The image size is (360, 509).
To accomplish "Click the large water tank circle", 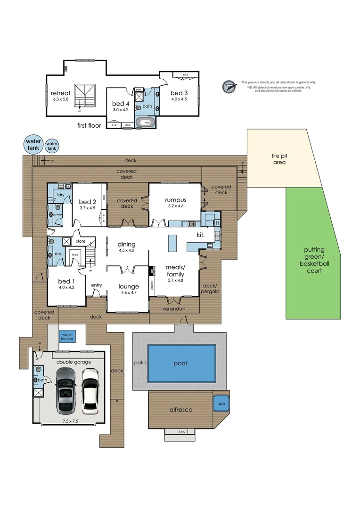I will tap(33, 144).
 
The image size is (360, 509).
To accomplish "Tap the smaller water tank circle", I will tap(52, 146).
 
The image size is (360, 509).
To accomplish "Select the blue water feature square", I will tap(66, 337).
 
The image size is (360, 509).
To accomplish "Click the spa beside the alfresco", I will tap(221, 403).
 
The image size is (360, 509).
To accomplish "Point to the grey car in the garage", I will tap(65, 390).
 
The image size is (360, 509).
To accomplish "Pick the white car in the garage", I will tap(90, 390).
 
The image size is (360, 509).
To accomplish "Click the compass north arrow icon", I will tap(229, 87).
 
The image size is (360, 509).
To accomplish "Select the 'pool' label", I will tap(180, 363).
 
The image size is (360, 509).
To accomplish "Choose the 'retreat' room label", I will tap(61, 93).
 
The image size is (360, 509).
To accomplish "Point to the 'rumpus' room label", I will tap(175, 200).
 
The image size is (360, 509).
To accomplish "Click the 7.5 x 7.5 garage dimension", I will tap(70, 421).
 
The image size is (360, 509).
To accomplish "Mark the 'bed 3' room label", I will tap(179, 93).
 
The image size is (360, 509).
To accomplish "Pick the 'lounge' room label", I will tap(128, 286).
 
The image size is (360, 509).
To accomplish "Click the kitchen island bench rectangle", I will tap(172, 244).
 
